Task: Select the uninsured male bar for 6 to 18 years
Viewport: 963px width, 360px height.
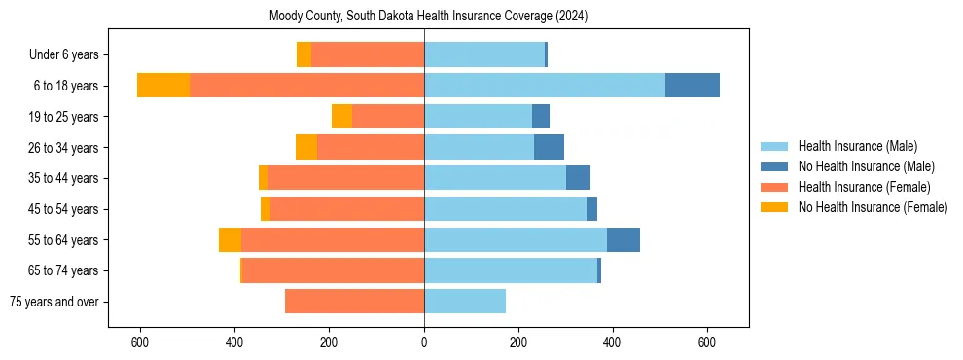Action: [x=692, y=86]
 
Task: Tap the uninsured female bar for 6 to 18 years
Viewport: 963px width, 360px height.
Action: [x=163, y=86]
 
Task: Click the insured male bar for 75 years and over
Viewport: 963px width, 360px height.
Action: [x=465, y=302]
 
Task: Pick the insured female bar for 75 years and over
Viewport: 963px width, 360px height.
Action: [x=354, y=302]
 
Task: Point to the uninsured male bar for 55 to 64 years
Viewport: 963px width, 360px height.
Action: [x=624, y=240]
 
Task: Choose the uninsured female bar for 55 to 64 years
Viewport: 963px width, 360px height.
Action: [x=230, y=240]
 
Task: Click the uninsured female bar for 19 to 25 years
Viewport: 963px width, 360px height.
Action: [x=341, y=117]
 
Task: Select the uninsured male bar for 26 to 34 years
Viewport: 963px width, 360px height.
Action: [x=549, y=148]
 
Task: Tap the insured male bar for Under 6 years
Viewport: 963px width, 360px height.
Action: [x=484, y=55]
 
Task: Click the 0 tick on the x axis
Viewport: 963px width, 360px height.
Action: [x=424, y=342]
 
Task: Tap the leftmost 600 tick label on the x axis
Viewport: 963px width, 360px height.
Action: [x=140, y=342]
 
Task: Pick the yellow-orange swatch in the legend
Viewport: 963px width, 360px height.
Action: [x=775, y=207]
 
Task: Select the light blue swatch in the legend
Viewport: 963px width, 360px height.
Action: [x=775, y=146]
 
